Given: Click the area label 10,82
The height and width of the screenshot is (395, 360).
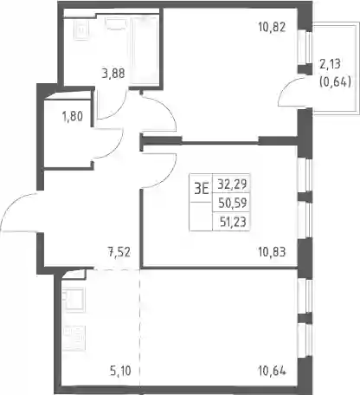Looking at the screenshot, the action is [272, 28].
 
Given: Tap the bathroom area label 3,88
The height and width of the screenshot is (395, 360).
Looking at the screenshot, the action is [113, 74].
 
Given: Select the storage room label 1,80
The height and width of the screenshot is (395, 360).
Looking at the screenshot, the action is [73, 117].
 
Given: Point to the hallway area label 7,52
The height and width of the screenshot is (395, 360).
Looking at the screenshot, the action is [119, 252].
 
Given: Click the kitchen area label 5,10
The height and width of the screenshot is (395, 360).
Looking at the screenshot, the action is [120, 371].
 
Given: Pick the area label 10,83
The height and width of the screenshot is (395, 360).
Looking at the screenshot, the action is [272, 252].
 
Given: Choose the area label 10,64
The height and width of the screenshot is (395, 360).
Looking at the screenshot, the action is [272, 371].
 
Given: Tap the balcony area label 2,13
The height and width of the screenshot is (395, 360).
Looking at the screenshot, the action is [330, 64].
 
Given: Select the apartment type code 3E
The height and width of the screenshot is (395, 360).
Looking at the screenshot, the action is [201, 190].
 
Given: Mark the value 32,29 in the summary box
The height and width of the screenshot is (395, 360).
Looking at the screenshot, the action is [232, 184].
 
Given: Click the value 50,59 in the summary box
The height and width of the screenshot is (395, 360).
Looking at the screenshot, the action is [232, 203].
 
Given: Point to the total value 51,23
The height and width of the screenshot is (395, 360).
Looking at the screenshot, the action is [233, 222].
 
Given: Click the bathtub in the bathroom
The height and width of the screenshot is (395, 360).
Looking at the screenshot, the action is [145, 50].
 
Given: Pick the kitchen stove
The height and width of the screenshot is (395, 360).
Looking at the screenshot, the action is [74, 338].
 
